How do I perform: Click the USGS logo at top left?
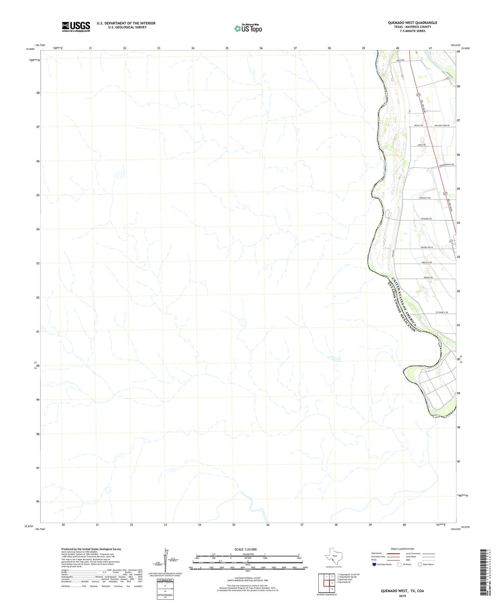point(76,27)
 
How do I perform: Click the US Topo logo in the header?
point(248,28)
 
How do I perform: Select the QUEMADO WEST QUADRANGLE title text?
point(412,23)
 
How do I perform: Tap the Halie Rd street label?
point(400,60)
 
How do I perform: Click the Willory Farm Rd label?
point(442,125)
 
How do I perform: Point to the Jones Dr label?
point(421,145)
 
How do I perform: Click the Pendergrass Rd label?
point(446,165)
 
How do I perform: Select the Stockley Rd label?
point(424,198)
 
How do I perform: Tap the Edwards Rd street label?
point(426,219)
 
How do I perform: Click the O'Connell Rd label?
point(441,312)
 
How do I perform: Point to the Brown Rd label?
point(428,277)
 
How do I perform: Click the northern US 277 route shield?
point(418,95)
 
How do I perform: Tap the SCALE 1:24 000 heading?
point(246,549)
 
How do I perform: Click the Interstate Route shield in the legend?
point(374,564)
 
